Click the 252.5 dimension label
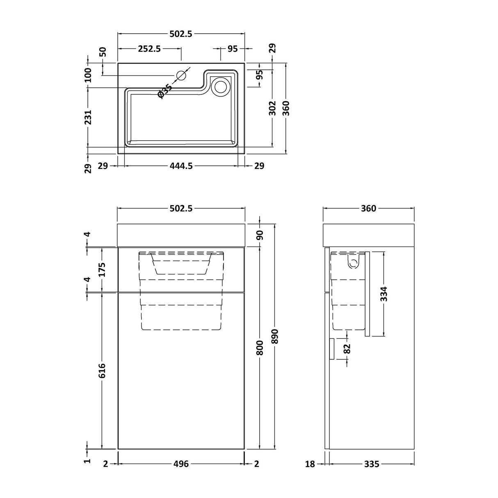pyautogui.click(x=149, y=48)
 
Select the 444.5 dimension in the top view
pyautogui.click(x=181, y=166)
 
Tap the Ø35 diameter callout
pyautogui.click(x=164, y=91)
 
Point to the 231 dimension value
pyautogui.click(x=88, y=117)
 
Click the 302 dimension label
pyautogui.click(x=273, y=108)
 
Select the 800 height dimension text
pyautogui.click(x=260, y=347)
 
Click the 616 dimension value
pyautogui.click(x=102, y=370)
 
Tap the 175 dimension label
pyautogui.click(x=102, y=270)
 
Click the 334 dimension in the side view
pyautogui.click(x=384, y=294)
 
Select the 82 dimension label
pyautogui.click(x=347, y=349)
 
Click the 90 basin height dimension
pyautogui.click(x=260, y=235)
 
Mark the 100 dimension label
pyautogui.click(x=88, y=75)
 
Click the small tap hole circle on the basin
pyautogui.click(x=181, y=75)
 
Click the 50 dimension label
pyautogui.click(x=103, y=52)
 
